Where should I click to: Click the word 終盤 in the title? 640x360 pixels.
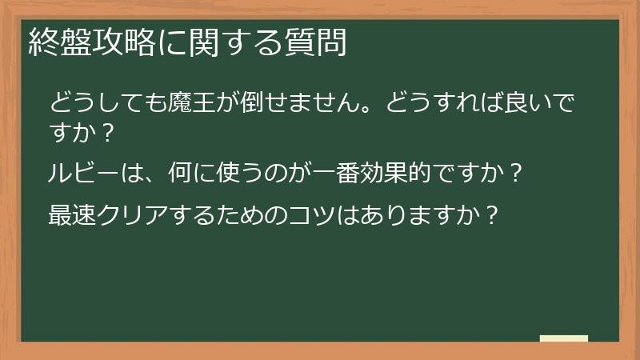click(59, 42)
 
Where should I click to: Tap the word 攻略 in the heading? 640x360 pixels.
click(123, 42)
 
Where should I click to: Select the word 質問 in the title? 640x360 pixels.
click(315, 42)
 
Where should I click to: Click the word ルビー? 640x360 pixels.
click(86, 171)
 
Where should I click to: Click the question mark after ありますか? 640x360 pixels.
click(493, 215)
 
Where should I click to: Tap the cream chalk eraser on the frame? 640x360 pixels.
click(563, 338)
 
